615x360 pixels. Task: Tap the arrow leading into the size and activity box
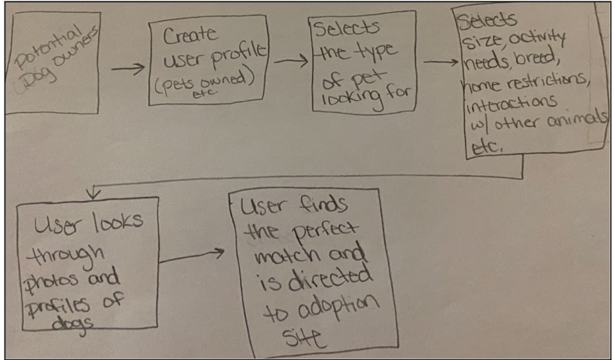441,63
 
